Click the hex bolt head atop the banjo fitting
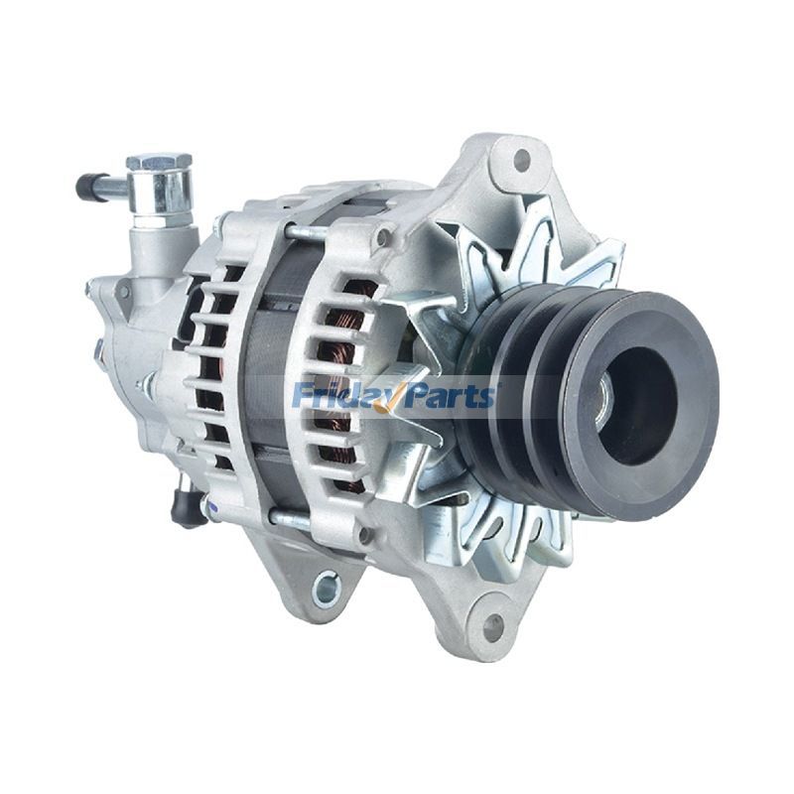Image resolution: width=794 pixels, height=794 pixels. [x=159, y=162]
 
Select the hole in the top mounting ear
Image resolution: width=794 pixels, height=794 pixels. [x=520, y=159]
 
